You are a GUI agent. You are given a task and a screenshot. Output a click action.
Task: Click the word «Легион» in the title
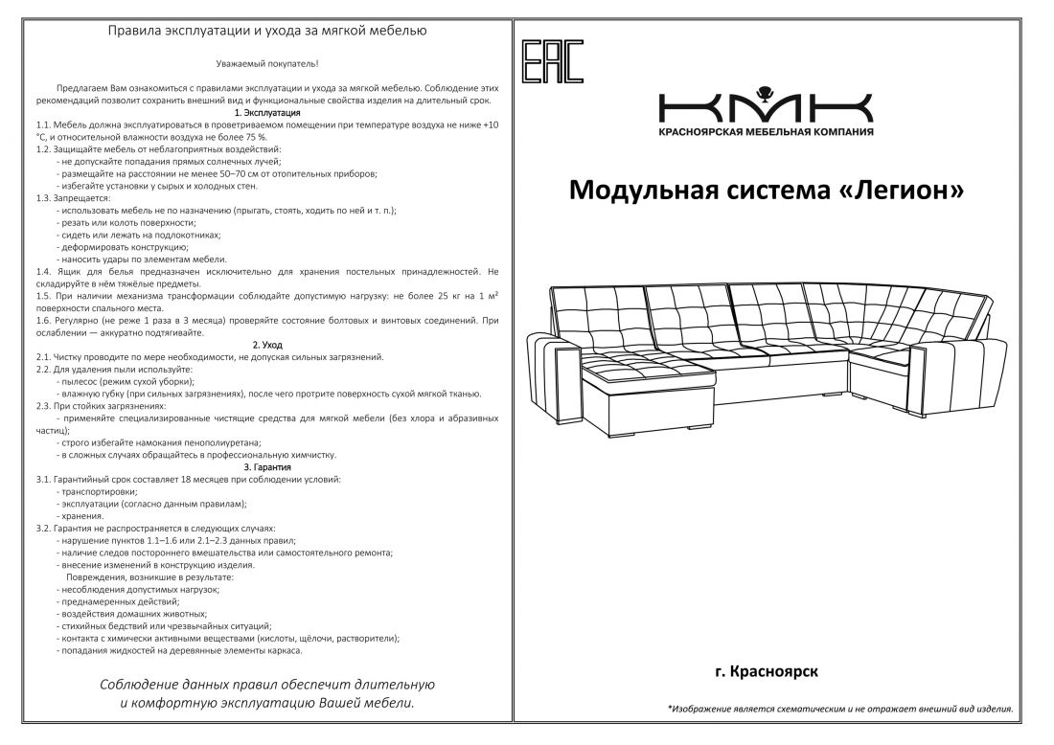pyautogui.click(x=902, y=191)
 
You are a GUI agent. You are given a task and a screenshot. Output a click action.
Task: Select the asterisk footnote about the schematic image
pyautogui.click(x=839, y=710)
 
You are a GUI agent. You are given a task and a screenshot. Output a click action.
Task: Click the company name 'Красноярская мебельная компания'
pyautogui.click(x=766, y=131)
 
